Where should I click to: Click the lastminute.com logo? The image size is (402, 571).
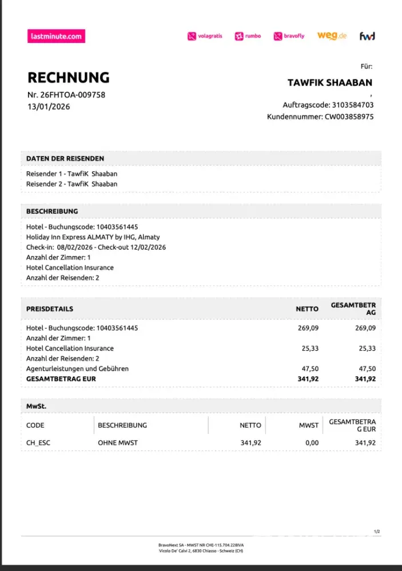coord(56,36)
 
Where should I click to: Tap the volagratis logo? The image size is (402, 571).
coord(205,36)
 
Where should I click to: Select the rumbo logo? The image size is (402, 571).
coord(248,36)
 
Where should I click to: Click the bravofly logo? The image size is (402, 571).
coord(289,36)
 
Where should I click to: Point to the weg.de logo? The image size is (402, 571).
coord(332,35)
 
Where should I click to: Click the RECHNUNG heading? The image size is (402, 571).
coord(68,78)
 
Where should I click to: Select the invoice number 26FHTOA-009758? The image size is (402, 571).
coord(73,95)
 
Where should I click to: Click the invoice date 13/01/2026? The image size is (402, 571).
coord(49,106)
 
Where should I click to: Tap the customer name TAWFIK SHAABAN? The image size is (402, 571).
coord(329,83)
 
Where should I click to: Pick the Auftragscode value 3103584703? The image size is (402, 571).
coord(353,105)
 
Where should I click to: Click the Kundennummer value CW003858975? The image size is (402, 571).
coord(349,116)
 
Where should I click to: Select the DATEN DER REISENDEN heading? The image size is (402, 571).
coord(65,158)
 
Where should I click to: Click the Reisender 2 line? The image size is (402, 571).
coord(71,184)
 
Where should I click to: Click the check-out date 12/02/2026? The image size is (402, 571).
coord(147,247)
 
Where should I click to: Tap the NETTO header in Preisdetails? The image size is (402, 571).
coord(307,309)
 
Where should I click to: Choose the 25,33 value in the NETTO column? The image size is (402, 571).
coord(310,348)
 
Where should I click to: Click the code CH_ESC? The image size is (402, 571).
coord(38,443)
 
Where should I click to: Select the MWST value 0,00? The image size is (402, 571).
coord(312,443)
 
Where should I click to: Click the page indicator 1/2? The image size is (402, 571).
coord(377,532)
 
